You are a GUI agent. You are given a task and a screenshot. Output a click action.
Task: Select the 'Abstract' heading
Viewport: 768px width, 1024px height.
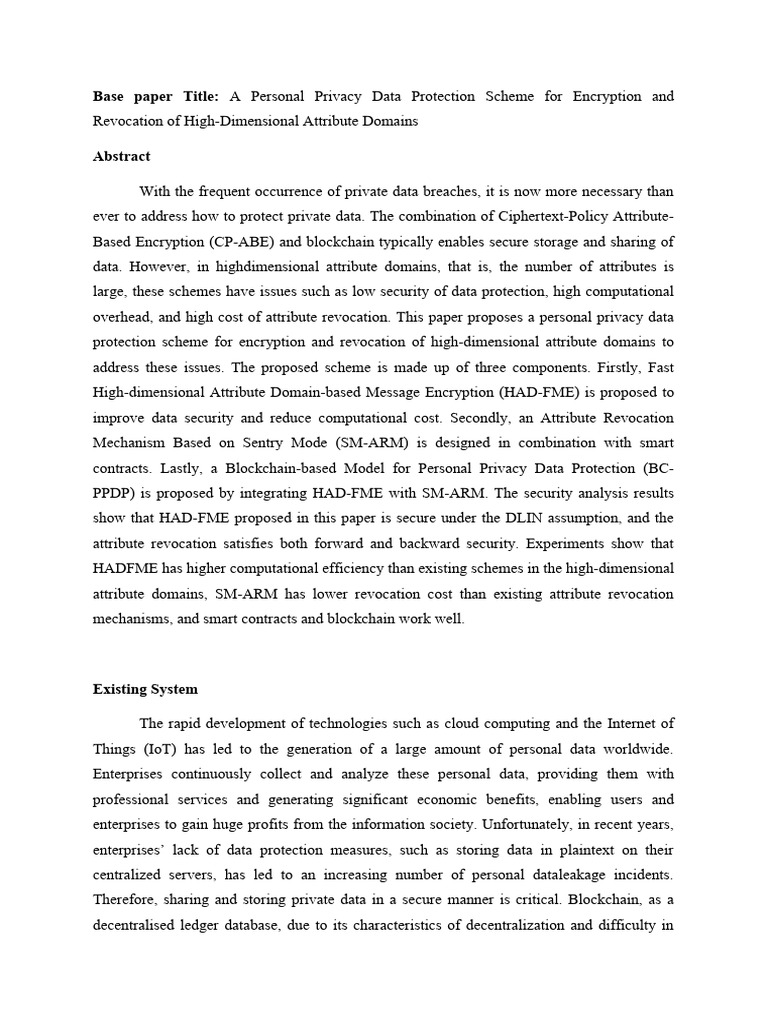pos(121,156)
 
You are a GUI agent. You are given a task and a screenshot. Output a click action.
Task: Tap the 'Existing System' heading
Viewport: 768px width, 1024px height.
pos(145,689)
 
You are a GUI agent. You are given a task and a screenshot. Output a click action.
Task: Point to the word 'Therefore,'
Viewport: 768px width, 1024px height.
pos(128,900)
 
